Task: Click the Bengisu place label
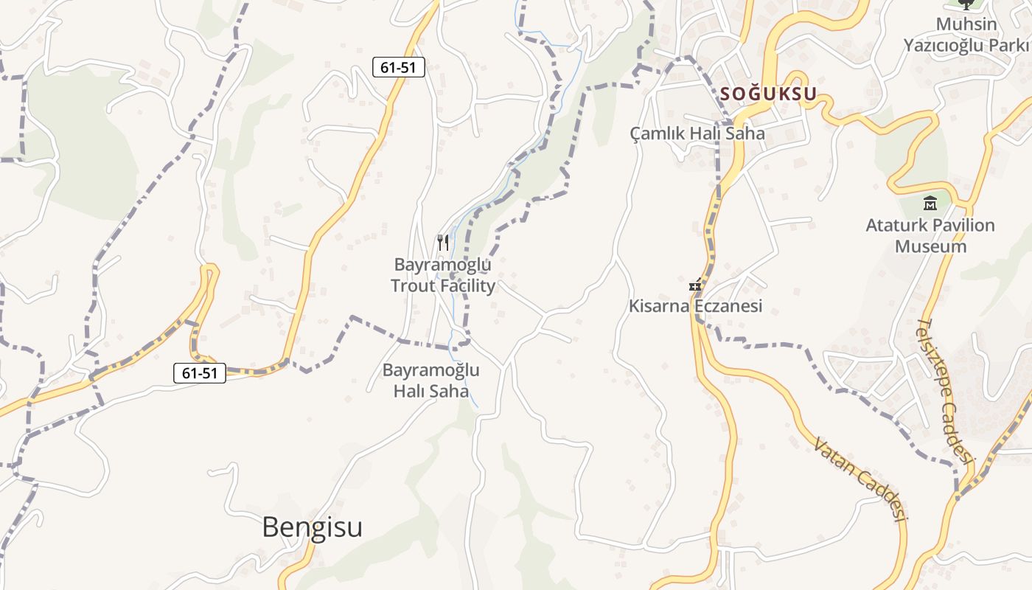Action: (x=312, y=527)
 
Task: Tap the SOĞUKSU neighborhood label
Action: (x=769, y=94)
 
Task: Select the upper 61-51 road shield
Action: (x=398, y=67)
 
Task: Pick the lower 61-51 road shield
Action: (x=200, y=373)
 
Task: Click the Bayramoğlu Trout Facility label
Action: (x=443, y=275)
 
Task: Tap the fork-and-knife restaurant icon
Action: (x=443, y=242)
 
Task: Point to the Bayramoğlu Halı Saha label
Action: (x=431, y=381)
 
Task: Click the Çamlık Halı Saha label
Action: (x=697, y=133)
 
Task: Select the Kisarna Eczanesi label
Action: (x=695, y=305)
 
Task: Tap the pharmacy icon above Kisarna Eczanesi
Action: (x=694, y=284)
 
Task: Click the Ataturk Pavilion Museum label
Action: (x=930, y=235)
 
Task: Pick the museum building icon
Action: (x=930, y=203)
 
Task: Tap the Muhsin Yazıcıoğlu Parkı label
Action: (x=966, y=35)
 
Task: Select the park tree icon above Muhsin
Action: (x=966, y=4)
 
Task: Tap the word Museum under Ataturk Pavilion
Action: (x=930, y=246)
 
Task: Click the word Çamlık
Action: (x=658, y=133)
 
